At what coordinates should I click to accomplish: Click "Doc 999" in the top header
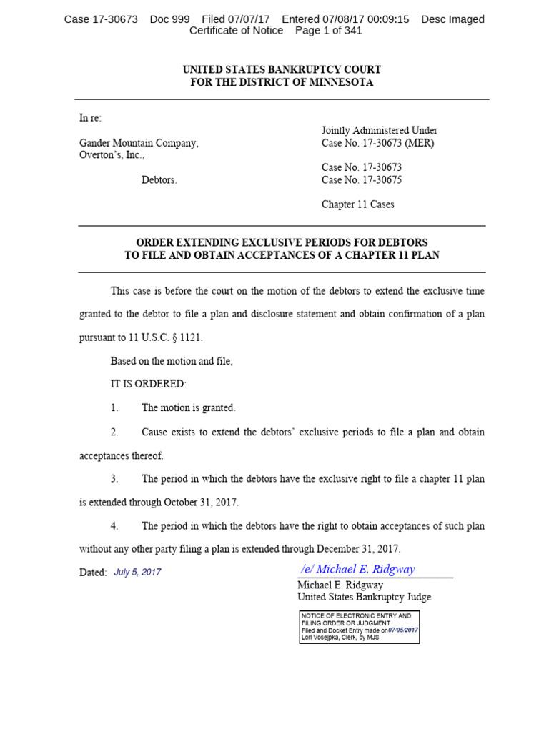pos(169,19)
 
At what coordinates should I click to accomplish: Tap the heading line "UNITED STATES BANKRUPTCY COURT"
pos(282,69)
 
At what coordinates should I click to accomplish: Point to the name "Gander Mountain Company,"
pos(139,143)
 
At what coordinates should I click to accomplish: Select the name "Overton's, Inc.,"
pos(112,154)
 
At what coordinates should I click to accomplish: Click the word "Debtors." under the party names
pos(159,180)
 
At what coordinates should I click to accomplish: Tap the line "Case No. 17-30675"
pos(362,180)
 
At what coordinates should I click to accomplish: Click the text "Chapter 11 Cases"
pos(357,204)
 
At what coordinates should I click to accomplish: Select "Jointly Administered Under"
pos(379,131)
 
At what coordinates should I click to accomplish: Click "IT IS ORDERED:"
pos(148,384)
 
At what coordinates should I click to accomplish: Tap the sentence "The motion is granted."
pos(188,407)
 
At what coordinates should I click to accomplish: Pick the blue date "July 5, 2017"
pos(137,573)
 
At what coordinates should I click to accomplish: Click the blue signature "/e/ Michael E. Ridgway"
pos(357,569)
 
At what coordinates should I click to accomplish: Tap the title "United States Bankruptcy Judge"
pos(364,597)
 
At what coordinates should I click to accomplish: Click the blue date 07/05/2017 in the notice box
pos(403,630)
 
